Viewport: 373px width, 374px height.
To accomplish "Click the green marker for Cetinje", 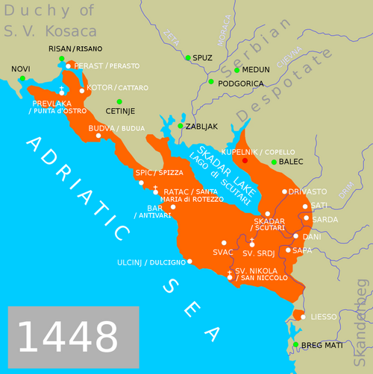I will (119, 101).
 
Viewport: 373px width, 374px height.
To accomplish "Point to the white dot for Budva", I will (98, 136).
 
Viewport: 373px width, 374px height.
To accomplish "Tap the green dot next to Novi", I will (22, 78).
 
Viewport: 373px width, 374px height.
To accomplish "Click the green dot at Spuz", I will (187, 57).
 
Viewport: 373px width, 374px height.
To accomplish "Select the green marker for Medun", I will (236, 71).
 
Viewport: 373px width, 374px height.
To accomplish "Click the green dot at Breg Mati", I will (296, 344).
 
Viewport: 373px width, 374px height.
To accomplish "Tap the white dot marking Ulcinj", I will (190, 261).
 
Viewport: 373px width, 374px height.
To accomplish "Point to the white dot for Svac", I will (224, 242).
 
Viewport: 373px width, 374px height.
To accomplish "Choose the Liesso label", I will (324, 317).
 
